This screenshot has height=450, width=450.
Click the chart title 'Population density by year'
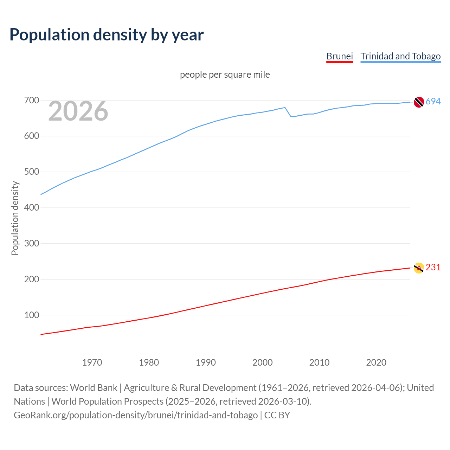point(107,35)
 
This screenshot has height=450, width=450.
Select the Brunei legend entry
point(339,56)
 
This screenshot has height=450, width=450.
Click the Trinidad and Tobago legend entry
point(400,56)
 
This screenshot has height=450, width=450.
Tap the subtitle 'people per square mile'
point(225,75)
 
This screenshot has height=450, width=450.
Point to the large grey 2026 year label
point(78,111)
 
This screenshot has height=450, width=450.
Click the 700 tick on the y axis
point(31,101)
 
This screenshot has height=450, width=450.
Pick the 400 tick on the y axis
point(31,208)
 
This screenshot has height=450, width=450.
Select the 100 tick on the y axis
point(31,315)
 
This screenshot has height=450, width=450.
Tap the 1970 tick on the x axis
point(92,362)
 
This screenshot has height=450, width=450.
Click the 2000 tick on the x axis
point(263,362)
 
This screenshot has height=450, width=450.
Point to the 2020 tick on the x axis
point(376,362)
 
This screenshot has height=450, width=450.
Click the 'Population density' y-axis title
point(15,218)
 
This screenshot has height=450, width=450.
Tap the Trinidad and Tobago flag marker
point(419,102)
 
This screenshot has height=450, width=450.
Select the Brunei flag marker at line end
point(419,268)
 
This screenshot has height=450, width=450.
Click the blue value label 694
point(433,101)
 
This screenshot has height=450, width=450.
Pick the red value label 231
point(433,268)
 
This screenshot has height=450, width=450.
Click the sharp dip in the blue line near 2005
point(291,116)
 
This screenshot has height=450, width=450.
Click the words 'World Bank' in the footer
point(94,388)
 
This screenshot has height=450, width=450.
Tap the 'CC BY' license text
point(277,415)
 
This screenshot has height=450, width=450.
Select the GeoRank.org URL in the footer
point(136,415)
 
